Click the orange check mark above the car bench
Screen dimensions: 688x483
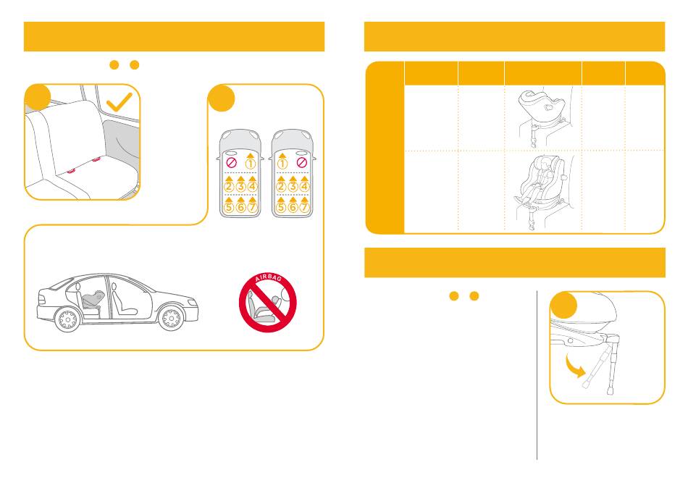(119, 102)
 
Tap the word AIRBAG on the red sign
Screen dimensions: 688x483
(268, 280)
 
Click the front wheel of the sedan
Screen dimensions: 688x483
(171, 318)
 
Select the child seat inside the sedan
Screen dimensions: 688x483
(93, 301)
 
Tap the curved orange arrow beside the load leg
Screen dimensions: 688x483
(574, 366)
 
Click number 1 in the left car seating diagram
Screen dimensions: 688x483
(250, 164)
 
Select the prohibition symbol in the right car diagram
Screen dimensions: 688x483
(301, 163)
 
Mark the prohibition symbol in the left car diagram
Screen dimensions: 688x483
(231, 163)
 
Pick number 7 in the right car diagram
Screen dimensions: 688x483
(304, 207)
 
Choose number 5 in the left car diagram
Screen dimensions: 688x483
(229, 207)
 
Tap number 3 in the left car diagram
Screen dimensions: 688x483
(240, 186)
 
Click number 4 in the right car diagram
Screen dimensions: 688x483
(304, 186)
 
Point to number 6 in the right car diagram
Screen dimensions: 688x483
(293, 207)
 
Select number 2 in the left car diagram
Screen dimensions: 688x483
(229, 186)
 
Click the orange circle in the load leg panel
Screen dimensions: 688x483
(563, 305)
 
